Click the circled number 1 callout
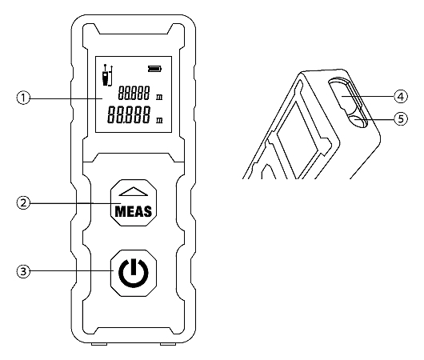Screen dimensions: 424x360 23,98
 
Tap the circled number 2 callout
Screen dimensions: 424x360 23,203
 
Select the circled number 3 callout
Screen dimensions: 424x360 23,271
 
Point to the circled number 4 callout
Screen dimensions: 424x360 401,96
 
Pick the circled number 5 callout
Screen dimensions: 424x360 401,119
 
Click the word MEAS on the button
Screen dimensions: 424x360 134,211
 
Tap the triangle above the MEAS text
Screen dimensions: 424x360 134,191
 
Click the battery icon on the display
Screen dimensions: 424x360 154,69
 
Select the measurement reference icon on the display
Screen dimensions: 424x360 107,75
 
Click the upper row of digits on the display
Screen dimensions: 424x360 134,93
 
